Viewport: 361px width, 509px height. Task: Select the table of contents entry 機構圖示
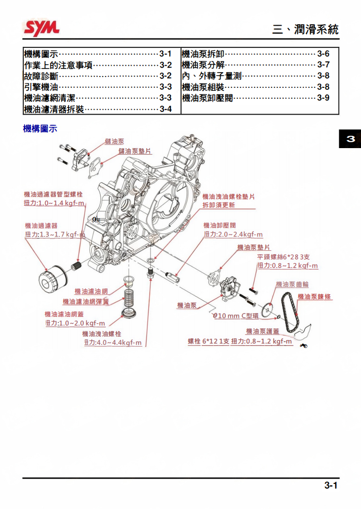click(x=41, y=54)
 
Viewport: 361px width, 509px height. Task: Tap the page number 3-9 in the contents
click(x=323, y=97)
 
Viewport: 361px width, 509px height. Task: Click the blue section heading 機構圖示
click(x=40, y=129)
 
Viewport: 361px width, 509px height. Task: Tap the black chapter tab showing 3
click(x=350, y=139)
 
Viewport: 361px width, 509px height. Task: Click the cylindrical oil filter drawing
click(x=52, y=280)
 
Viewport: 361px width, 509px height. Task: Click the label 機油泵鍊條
click(x=315, y=297)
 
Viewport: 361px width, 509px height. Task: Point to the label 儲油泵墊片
click(x=135, y=151)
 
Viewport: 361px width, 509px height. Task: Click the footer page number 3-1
click(x=330, y=485)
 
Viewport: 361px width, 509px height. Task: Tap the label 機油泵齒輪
click(x=292, y=284)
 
